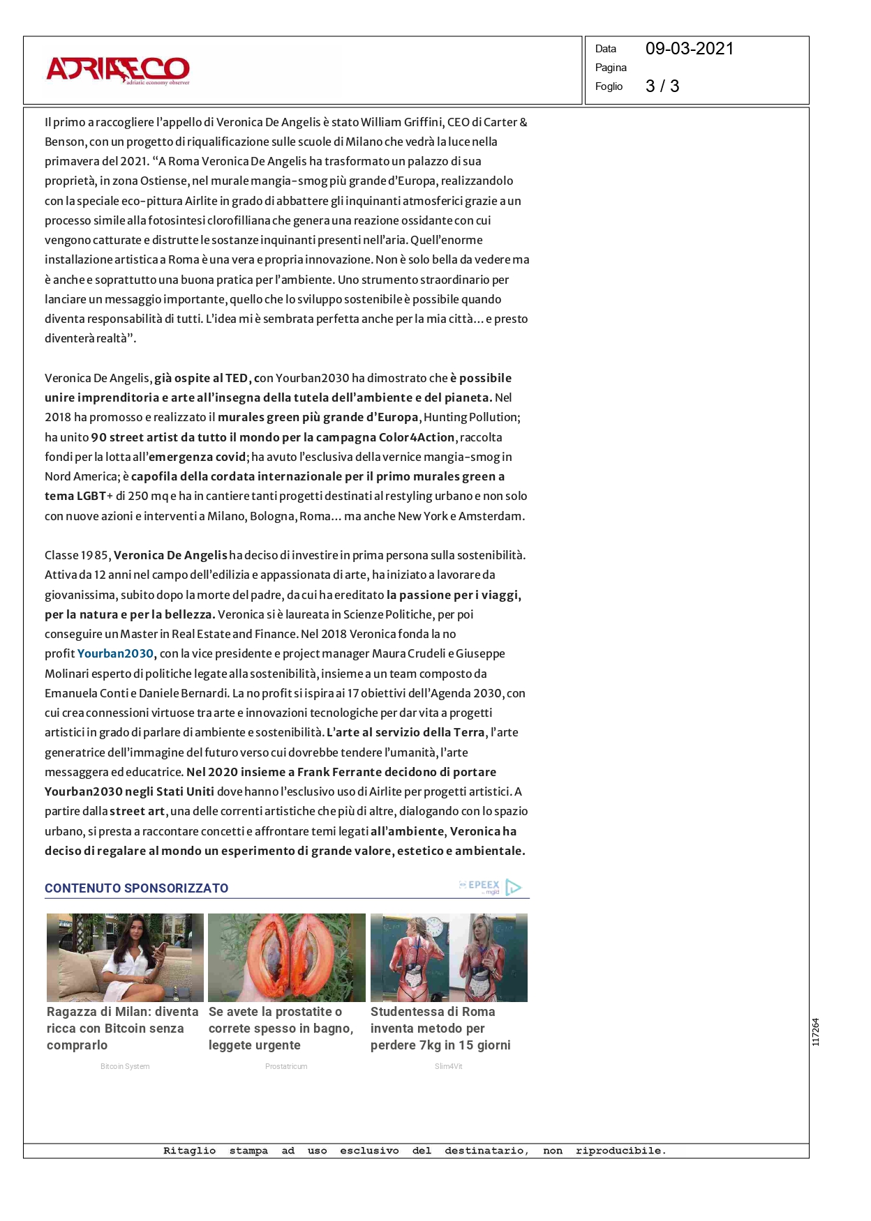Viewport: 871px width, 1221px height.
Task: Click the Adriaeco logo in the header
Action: pyautogui.click(x=118, y=70)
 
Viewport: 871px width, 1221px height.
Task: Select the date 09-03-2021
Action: pyautogui.click(x=689, y=49)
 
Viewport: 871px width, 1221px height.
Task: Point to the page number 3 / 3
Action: pyautogui.click(x=662, y=86)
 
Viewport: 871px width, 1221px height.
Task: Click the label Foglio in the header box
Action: pyautogui.click(x=609, y=86)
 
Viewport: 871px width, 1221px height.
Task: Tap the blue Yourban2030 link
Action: pyautogui.click(x=115, y=654)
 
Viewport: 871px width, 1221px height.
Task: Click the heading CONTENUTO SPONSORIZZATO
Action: pyautogui.click(x=137, y=888)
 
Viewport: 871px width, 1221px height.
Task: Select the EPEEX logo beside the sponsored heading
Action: pyautogui.click(x=490, y=886)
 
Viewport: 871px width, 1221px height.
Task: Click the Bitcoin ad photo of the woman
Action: pyautogui.click(x=125, y=957)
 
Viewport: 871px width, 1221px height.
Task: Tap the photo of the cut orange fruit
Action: pyautogui.click(x=287, y=957)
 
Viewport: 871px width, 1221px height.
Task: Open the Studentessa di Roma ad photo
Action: pyautogui.click(x=449, y=957)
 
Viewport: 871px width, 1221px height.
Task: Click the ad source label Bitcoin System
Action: pyautogui.click(x=125, y=1066)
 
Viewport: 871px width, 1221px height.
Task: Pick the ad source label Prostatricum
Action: pyautogui.click(x=286, y=1066)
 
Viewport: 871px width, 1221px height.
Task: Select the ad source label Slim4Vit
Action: pyautogui.click(x=448, y=1066)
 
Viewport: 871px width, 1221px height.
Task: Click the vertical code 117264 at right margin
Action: pyautogui.click(x=816, y=1032)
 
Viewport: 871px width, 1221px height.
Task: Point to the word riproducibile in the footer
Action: pyautogui.click(x=620, y=1151)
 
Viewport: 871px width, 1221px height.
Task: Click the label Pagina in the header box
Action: pyautogui.click(x=611, y=68)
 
